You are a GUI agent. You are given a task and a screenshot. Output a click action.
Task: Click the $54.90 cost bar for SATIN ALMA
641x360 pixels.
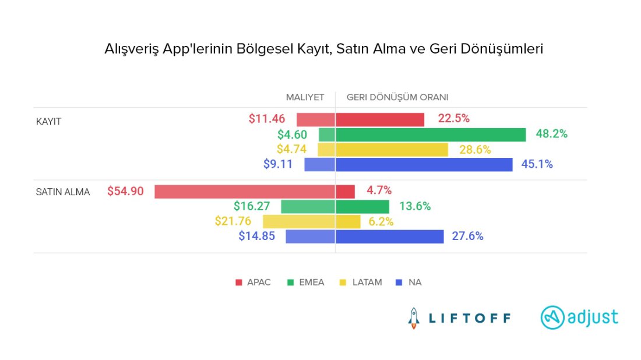[x=245, y=192]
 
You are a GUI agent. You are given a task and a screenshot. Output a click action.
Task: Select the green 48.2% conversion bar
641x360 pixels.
[x=431, y=135]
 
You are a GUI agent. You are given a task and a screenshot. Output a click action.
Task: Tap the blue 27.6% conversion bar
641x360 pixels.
[x=390, y=237]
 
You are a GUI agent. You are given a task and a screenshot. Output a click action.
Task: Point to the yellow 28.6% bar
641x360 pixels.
[x=392, y=150]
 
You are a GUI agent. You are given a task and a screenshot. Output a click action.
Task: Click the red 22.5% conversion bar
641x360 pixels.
[x=380, y=119]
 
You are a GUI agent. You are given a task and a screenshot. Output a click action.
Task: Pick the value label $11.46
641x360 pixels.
[x=266, y=119]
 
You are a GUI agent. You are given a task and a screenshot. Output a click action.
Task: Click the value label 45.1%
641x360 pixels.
[x=537, y=164]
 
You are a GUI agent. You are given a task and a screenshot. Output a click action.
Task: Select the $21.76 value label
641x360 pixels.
[x=235, y=221]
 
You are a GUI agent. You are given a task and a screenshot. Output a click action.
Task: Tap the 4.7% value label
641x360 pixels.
[x=380, y=190]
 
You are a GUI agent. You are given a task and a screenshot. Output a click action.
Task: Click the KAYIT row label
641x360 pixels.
[x=49, y=122]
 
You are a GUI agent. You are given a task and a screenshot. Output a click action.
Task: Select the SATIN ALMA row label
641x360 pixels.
[x=63, y=192]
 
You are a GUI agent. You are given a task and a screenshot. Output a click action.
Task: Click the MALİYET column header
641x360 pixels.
[x=305, y=97]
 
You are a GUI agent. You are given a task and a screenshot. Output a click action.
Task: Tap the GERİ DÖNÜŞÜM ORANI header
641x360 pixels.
[x=397, y=97]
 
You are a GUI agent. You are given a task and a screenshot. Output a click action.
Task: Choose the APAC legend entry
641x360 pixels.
[x=253, y=283]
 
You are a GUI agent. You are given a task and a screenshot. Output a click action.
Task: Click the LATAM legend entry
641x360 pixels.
[x=361, y=283]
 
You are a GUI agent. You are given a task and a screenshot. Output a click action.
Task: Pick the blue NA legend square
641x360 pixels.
[x=399, y=283]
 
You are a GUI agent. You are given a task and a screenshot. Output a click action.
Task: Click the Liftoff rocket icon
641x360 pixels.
[x=414, y=318]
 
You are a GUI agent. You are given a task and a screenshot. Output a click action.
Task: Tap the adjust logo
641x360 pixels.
[x=579, y=317]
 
